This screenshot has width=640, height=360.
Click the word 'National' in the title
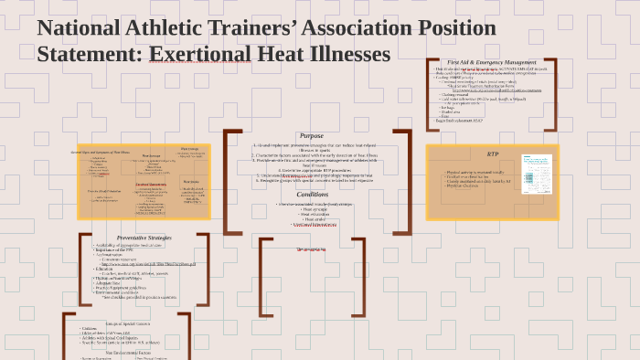pos(80,28)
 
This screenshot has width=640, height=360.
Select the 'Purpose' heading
pos(311,136)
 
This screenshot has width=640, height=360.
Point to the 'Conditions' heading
pos(312,194)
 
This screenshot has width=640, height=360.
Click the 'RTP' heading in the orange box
pos(493,154)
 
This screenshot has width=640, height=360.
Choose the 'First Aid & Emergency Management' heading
pos(492,62)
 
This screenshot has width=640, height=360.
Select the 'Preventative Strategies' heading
pos(144,238)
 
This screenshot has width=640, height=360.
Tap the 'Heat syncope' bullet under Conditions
pos(314,209)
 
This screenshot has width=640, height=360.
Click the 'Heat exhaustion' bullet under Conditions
pos(314,215)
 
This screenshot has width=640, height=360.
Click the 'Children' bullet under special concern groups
pos(90,328)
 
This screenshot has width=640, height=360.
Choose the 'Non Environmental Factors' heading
pos(128,352)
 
